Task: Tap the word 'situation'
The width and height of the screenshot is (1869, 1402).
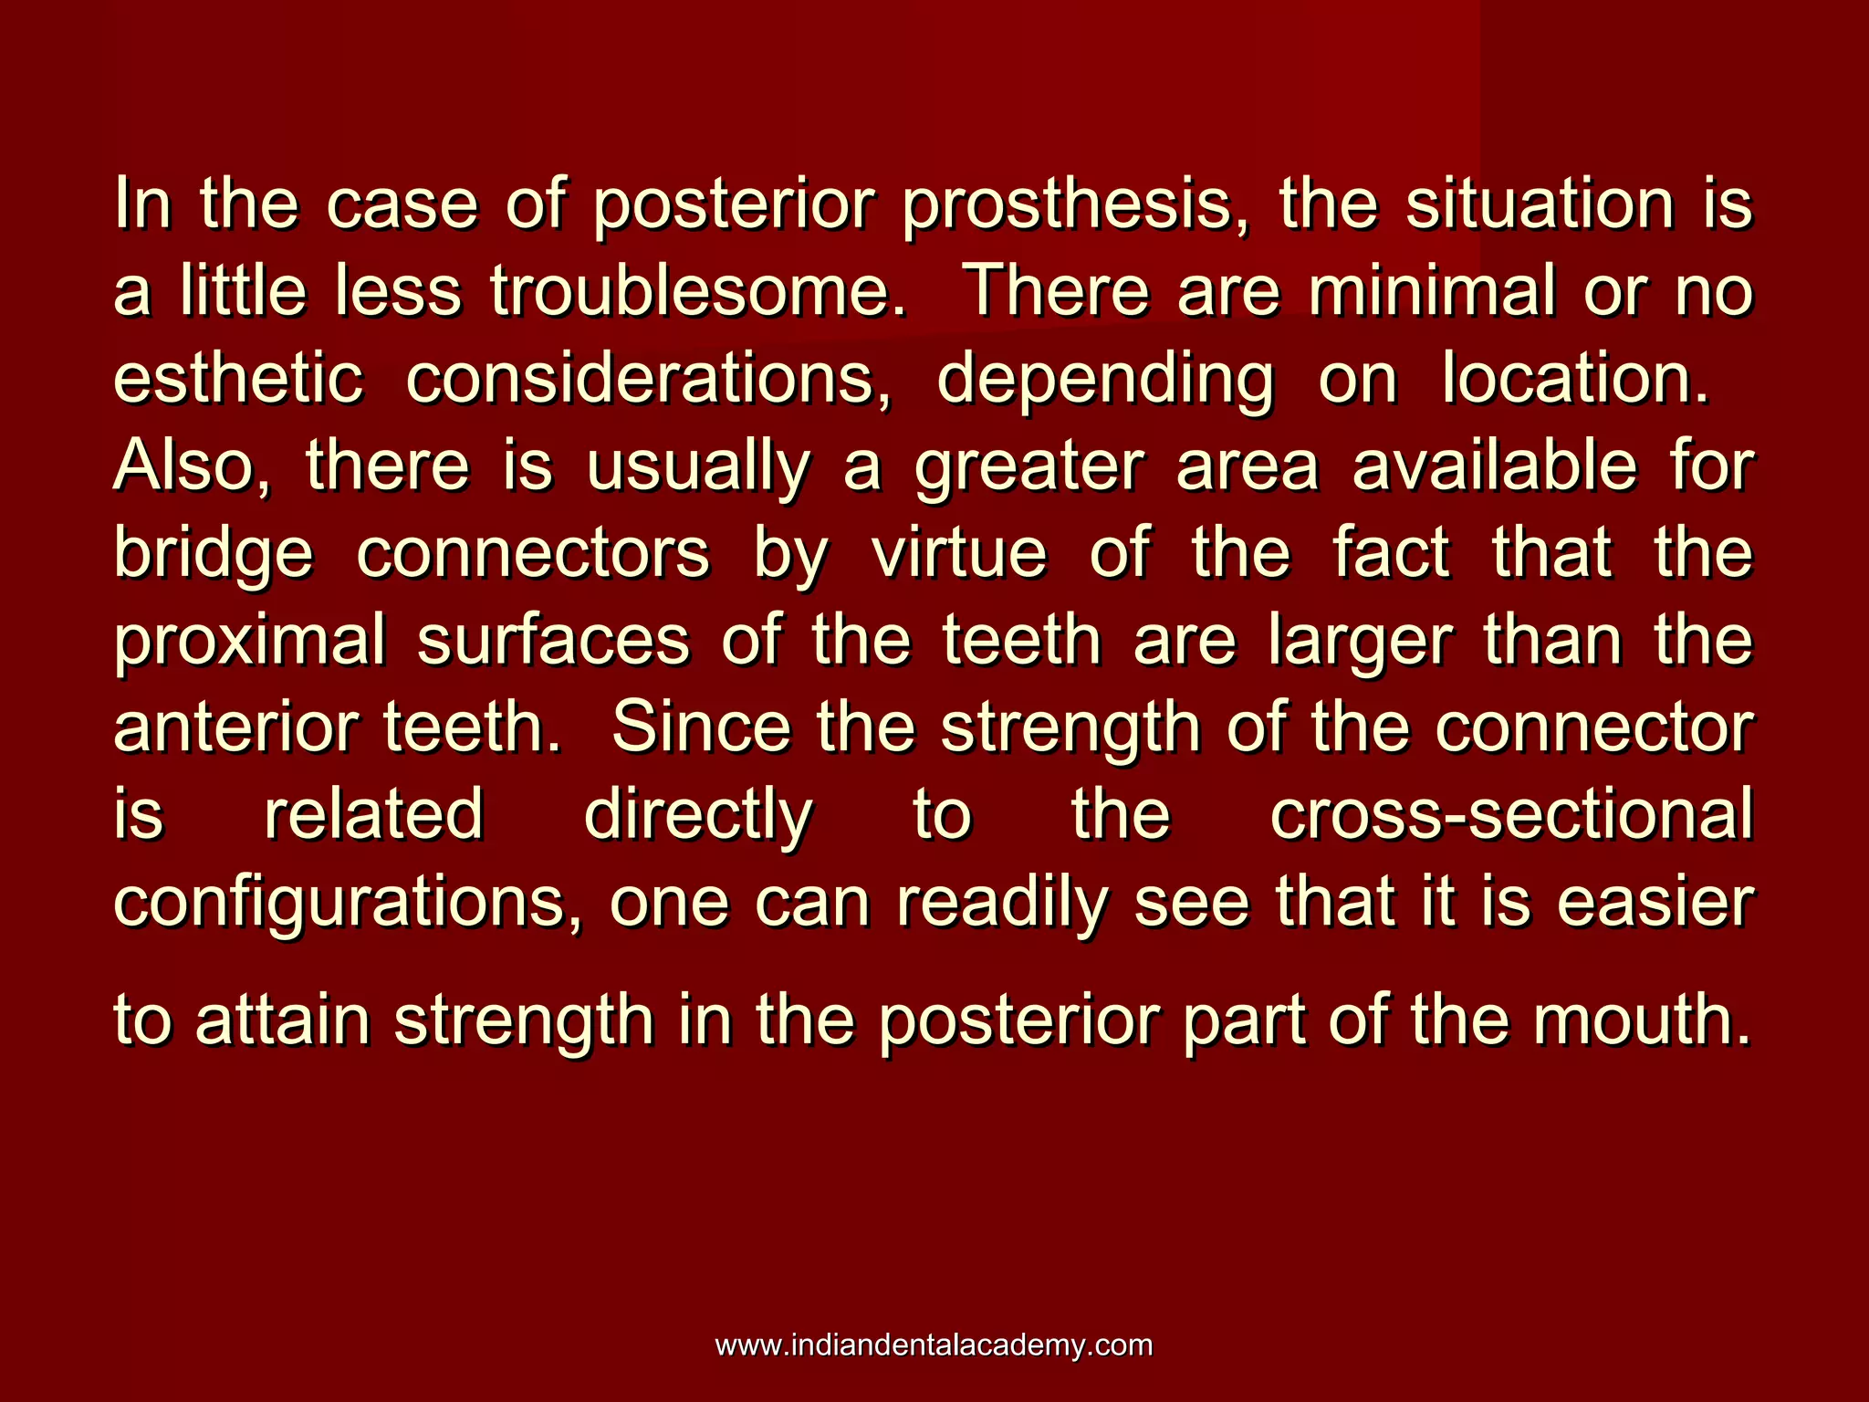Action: (x=1540, y=204)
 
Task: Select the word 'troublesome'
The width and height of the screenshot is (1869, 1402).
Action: (x=698, y=292)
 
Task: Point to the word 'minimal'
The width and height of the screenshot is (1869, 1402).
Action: (x=1432, y=292)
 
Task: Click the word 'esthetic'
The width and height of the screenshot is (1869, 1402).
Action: (x=237, y=379)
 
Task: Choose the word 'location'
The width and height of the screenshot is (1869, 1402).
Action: (x=1574, y=379)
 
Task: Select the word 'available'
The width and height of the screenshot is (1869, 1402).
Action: (x=1495, y=466)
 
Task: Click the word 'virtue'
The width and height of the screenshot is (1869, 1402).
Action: (x=959, y=553)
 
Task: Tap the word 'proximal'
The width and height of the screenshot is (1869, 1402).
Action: (x=249, y=641)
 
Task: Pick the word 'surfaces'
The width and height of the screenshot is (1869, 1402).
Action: (x=553, y=641)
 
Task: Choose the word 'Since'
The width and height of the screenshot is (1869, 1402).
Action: (x=701, y=727)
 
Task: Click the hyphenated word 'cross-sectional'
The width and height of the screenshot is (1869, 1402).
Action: (x=1511, y=814)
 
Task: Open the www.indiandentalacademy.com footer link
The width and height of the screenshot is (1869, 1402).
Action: (x=934, y=1345)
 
